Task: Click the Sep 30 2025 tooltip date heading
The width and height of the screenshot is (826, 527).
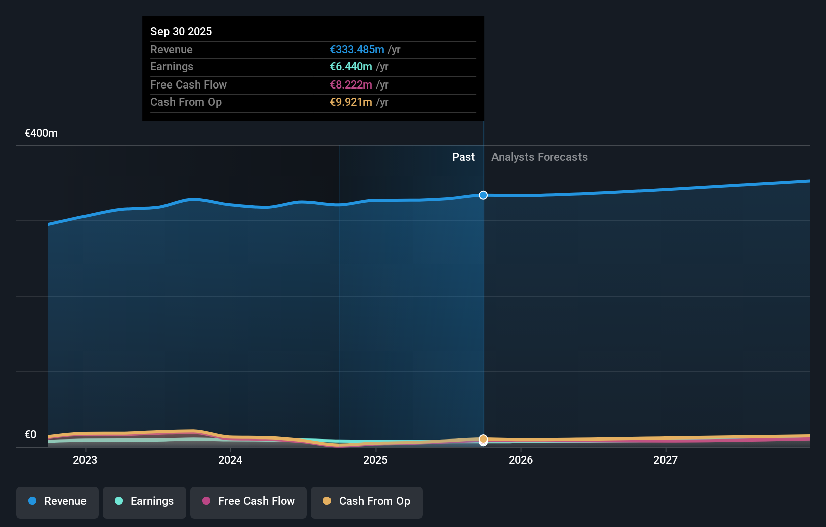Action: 181,31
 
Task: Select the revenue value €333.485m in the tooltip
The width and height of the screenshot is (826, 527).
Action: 357,49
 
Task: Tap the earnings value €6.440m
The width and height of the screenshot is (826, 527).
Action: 351,66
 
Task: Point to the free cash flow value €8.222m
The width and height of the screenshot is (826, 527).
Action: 351,84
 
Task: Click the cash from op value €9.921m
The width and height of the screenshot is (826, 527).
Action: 351,102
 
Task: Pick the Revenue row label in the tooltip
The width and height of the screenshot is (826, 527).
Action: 171,49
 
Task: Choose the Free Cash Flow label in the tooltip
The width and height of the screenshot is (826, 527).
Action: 188,84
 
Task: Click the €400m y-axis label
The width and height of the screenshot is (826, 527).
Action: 41,133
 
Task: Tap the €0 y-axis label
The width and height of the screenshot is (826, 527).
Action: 31,434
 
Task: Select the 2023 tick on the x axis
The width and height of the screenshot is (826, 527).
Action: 85,460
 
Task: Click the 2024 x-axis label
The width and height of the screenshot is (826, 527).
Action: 230,460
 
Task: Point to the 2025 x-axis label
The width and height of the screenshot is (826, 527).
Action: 375,460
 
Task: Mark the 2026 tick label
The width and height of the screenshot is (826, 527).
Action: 521,460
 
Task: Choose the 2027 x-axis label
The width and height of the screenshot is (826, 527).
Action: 666,460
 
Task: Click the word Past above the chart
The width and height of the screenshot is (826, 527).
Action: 463,157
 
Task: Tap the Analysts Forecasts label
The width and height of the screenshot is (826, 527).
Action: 539,157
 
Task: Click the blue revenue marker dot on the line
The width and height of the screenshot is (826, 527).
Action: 483,195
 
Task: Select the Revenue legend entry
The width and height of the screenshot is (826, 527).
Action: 57,501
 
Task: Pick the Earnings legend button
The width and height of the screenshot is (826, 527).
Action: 144,501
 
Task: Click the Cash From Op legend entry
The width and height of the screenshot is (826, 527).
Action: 367,501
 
